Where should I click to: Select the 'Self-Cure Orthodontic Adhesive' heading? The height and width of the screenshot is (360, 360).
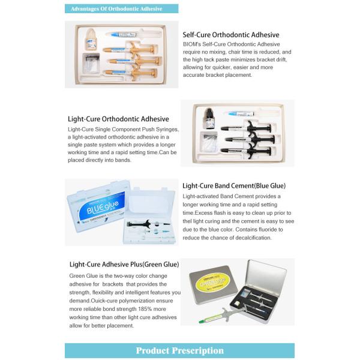point(231,35)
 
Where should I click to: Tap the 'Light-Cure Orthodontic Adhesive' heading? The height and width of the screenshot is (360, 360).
point(119,119)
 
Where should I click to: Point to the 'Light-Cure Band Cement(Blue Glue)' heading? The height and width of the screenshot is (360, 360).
point(234,185)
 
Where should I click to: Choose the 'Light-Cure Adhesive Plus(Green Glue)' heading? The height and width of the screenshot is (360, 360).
point(124,264)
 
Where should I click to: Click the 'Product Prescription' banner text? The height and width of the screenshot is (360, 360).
point(179,350)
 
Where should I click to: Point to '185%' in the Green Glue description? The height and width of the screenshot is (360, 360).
point(148,309)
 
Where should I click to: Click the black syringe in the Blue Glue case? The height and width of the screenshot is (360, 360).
point(149,224)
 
